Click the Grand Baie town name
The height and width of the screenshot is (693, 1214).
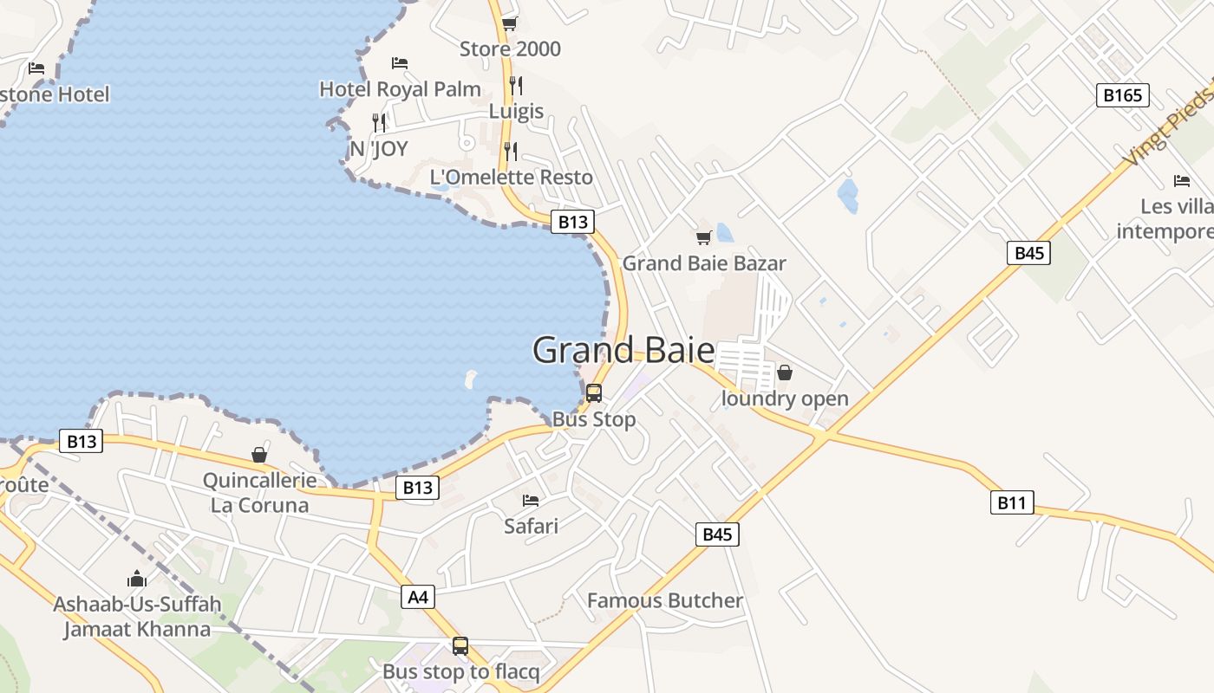click(x=623, y=351)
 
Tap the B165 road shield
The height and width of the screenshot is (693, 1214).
click(x=1122, y=95)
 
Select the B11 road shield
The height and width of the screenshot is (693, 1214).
click(x=1012, y=502)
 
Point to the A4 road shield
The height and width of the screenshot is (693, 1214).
click(x=418, y=597)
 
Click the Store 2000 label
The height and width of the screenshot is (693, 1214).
click(x=510, y=49)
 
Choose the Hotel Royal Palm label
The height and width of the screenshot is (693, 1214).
click(x=400, y=89)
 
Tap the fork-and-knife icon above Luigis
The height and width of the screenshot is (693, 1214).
click(x=516, y=85)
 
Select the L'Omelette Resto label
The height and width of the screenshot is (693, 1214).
click(x=512, y=178)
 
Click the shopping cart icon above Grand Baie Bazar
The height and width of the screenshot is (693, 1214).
click(x=704, y=237)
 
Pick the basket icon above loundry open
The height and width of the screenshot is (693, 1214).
click(x=785, y=372)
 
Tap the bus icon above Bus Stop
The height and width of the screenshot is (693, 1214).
click(x=594, y=392)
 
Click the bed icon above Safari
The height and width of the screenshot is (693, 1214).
click(x=531, y=501)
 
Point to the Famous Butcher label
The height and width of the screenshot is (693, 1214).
click(x=665, y=600)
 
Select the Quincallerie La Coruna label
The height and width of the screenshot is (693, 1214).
click(x=259, y=493)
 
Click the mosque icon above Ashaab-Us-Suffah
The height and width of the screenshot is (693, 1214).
click(x=137, y=579)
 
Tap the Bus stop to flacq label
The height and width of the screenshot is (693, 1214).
click(x=460, y=671)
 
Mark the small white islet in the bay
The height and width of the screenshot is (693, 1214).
click(x=471, y=379)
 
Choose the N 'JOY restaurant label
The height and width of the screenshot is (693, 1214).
click(x=379, y=149)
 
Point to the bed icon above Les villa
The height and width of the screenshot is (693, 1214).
click(x=1182, y=181)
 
